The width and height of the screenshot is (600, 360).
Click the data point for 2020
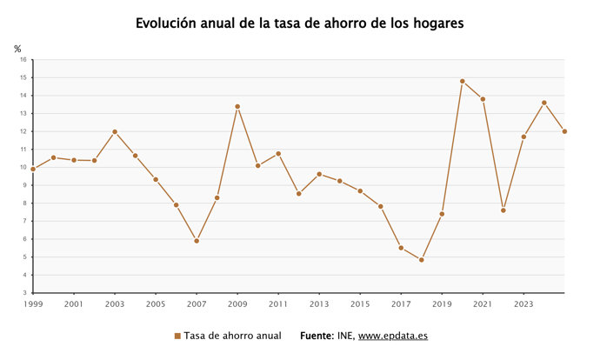tap(462, 81)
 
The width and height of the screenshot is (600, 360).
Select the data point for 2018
tap(421, 260)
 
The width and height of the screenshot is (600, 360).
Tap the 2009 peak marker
tap(237, 106)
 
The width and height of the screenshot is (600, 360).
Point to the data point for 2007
tap(197, 241)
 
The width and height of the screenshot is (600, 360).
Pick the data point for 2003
tap(115, 131)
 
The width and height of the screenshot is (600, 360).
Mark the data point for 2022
tap(503, 210)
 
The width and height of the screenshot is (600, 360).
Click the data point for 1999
tap(33, 169)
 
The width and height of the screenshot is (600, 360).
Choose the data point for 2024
tap(543, 103)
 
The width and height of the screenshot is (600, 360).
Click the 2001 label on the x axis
tap(74, 304)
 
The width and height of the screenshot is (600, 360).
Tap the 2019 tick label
tap(442, 304)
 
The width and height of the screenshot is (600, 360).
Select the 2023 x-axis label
tap(523, 304)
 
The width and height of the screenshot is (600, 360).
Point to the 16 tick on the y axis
tap(23, 60)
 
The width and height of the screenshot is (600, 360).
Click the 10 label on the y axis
tap(23, 168)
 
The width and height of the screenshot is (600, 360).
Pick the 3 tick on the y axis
tap(24, 293)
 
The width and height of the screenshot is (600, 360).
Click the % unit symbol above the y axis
tap(17, 49)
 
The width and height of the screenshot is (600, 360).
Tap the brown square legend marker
tap(177, 336)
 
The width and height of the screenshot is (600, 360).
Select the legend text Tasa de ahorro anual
tap(231, 336)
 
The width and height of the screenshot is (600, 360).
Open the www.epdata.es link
tap(393, 336)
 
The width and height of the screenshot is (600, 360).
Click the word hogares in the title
tap(432, 23)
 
